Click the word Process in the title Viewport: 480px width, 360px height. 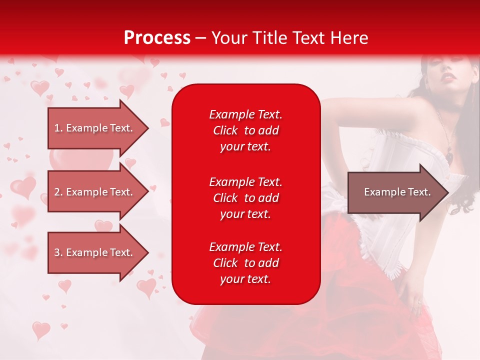157,38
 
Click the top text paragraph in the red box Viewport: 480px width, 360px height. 245,130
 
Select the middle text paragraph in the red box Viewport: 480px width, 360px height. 245,197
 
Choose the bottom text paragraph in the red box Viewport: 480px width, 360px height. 245,263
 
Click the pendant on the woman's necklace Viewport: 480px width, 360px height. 449,157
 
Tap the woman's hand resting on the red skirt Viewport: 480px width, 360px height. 415,300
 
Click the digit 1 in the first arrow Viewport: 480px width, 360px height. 57,128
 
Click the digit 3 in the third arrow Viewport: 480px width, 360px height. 57,252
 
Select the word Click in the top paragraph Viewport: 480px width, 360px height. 225,130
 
